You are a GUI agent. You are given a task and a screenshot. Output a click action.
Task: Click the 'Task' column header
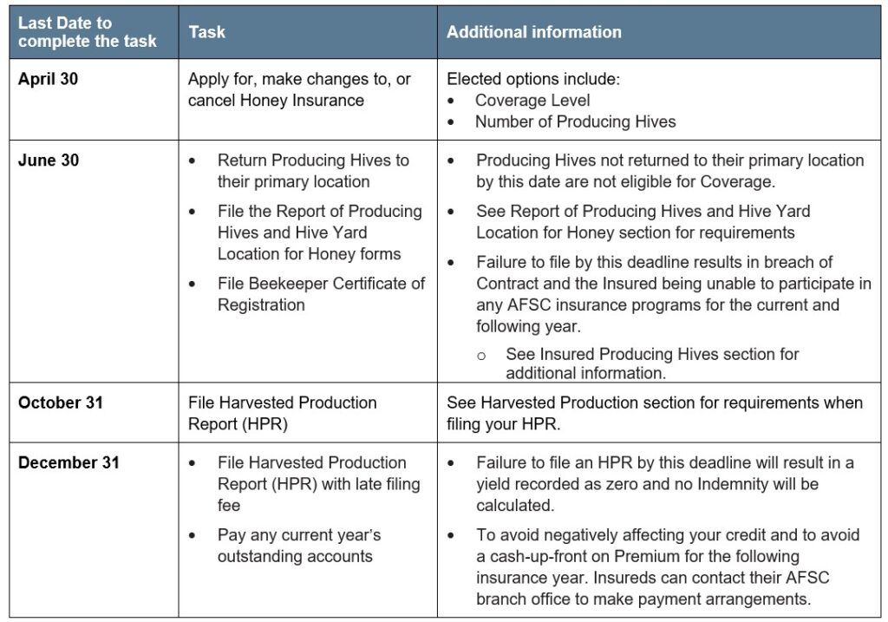click(x=206, y=32)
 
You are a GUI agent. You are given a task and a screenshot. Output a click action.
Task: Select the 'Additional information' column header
click(x=533, y=32)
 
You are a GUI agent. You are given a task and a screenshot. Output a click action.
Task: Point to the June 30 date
click(x=49, y=160)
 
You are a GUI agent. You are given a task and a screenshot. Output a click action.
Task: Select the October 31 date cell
click(x=61, y=403)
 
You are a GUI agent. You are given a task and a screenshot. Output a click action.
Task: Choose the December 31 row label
click(x=69, y=462)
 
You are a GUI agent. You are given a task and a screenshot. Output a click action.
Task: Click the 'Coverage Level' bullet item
click(x=532, y=101)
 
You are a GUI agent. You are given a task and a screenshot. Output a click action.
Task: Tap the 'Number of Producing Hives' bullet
click(x=575, y=121)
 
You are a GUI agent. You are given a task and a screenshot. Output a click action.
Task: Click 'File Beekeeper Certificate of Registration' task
click(x=322, y=294)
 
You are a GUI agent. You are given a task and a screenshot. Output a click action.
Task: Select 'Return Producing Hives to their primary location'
click(x=312, y=171)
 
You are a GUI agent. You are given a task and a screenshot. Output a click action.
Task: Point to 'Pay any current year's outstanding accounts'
click(x=299, y=545)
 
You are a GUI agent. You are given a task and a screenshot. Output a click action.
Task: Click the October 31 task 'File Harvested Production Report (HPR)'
click(x=282, y=413)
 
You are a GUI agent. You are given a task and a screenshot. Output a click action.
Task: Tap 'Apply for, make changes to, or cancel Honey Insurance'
click(x=299, y=89)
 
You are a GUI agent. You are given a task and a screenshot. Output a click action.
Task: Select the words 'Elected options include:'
click(x=533, y=79)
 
